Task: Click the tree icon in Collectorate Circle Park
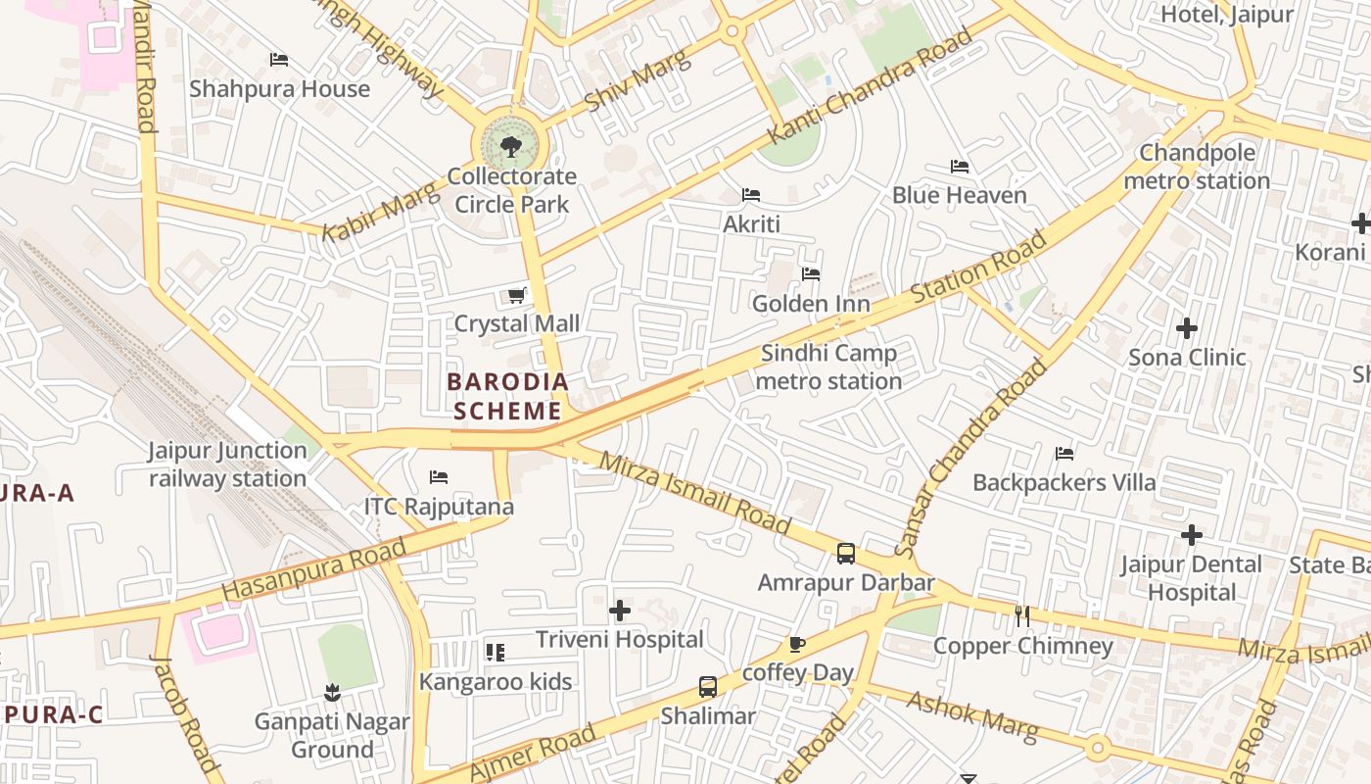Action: click(510, 147)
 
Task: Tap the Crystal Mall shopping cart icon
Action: click(516, 295)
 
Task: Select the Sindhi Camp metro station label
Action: click(828, 367)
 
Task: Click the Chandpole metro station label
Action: click(1197, 168)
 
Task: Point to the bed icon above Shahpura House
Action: click(279, 60)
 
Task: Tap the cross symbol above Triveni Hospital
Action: click(619, 612)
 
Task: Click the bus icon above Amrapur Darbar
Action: click(846, 554)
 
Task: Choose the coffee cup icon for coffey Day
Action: click(797, 644)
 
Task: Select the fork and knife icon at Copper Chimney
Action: click(1022, 616)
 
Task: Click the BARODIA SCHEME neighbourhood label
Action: click(507, 396)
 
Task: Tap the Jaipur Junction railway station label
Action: click(227, 465)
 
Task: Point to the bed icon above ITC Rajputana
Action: click(439, 477)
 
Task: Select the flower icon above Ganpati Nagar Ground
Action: click(332, 693)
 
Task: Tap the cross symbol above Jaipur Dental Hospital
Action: click(1191, 535)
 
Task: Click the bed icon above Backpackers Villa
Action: click(1064, 454)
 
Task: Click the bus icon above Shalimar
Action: click(707, 687)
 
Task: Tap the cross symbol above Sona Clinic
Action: click(1187, 328)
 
